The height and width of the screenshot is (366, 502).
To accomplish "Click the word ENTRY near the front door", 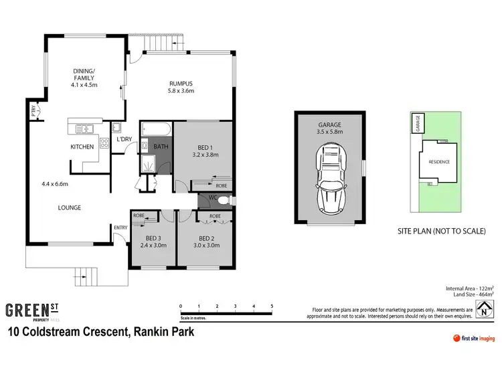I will coord(120,227).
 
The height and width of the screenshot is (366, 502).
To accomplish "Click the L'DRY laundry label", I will coord(124,139).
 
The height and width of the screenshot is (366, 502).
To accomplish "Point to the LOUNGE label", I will coord(69,207).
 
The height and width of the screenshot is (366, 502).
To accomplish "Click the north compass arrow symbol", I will coord(483,310).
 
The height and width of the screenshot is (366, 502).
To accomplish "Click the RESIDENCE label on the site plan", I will coord(438,162).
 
